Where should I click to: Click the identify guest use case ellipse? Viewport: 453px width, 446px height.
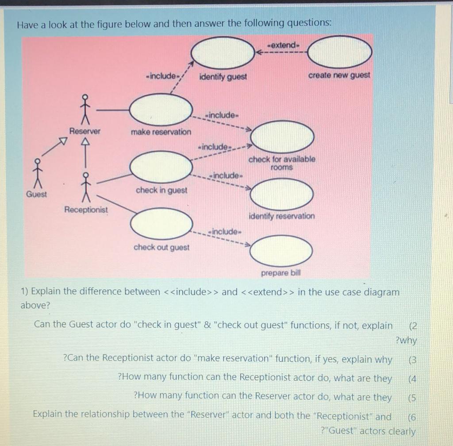pyautogui.click(x=223, y=52)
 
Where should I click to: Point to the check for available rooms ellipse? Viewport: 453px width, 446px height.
pyautogui.click(x=282, y=136)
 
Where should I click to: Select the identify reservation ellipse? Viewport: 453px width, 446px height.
pyautogui.click(x=282, y=194)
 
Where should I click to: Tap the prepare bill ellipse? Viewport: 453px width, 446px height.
pyautogui.click(x=282, y=251)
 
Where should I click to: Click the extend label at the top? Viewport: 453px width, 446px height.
pyautogui.click(x=284, y=45)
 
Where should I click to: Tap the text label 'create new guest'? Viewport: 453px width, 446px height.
pyautogui.click(x=339, y=75)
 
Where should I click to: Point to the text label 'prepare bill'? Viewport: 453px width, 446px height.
pyautogui.click(x=281, y=273)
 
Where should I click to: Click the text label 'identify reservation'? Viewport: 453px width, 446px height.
pyautogui.click(x=282, y=216)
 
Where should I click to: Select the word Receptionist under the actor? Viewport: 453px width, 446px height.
pyautogui.click(x=86, y=209)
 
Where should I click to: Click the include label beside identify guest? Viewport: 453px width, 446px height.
pyautogui.click(x=162, y=76)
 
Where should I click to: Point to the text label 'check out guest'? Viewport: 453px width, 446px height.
pyautogui.click(x=161, y=247)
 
